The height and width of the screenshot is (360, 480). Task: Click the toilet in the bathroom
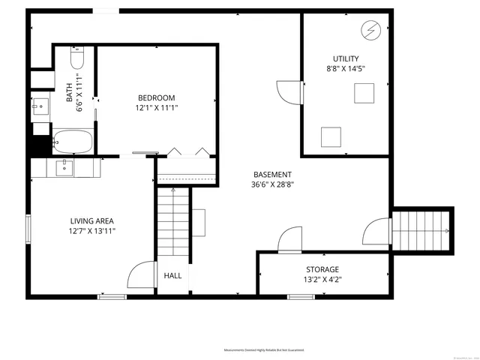click(x=77, y=58)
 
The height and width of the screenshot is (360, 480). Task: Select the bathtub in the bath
click(x=73, y=140)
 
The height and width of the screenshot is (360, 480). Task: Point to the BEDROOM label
click(x=156, y=97)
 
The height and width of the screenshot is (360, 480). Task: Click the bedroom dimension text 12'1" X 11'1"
click(x=157, y=108)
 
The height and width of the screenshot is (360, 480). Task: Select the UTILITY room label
click(x=346, y=58)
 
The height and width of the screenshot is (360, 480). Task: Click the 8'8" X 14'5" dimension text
click(x=346, y=69)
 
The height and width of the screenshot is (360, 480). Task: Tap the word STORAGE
click(x=322, y=269)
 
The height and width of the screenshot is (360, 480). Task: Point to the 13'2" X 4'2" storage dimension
click(x=322, y=280)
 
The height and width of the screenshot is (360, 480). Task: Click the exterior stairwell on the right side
click(x=424, y=229)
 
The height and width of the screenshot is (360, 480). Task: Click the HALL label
click(x=172, y=276)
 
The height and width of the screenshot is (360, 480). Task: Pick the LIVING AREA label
click(x=92, y=220)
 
